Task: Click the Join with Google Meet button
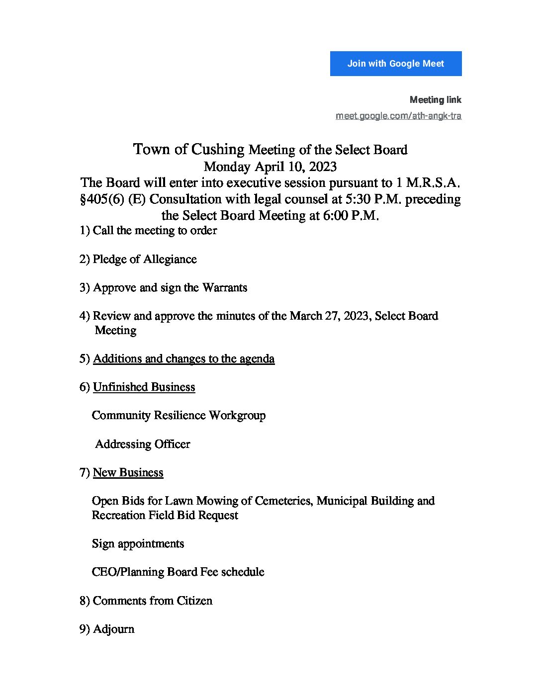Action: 396,64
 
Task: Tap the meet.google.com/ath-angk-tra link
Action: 398,116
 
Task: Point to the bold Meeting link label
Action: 436,100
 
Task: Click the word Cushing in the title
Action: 218,149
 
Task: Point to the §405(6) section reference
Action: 101,199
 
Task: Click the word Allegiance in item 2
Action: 170,260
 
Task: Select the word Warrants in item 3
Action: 225,288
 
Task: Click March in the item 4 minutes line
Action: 306,316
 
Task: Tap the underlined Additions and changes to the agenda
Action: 183,359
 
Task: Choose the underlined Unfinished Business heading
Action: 144,387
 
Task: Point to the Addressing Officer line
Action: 143,444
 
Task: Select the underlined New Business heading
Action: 128,473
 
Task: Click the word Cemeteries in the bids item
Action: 283,501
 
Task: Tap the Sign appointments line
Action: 138,544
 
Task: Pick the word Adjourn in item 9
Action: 113,629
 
